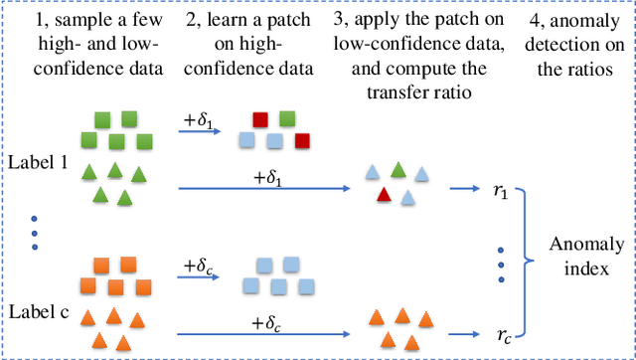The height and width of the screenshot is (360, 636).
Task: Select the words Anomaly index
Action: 588,255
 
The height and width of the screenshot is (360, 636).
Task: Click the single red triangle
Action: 383,195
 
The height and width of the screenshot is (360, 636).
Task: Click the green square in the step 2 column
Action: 287,119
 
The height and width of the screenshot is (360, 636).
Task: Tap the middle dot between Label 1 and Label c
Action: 35,233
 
